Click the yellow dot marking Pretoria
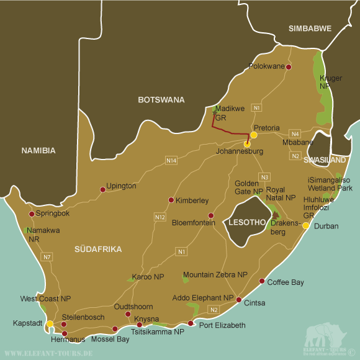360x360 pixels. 254,135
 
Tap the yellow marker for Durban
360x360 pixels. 305,226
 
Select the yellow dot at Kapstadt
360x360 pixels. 50,323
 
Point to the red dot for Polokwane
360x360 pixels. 288,66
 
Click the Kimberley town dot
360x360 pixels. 171,200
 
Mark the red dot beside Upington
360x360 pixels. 103,190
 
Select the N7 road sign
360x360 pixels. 47,256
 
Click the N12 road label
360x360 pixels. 160,217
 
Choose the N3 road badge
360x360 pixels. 264,177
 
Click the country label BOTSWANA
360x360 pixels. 161,99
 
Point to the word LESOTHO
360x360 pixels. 247,222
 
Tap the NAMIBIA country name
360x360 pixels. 38,150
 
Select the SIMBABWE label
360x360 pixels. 310,29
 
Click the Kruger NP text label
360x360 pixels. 329,82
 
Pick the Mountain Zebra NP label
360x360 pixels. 215,274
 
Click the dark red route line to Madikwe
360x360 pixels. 230,133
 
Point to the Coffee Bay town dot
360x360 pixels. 261,280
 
